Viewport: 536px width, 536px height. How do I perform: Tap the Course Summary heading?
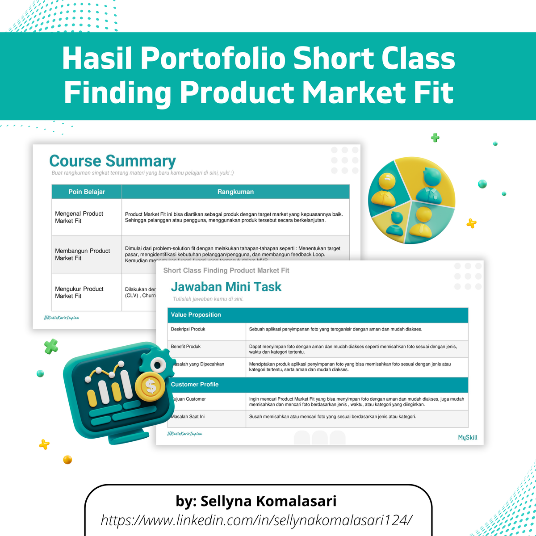[113, 161]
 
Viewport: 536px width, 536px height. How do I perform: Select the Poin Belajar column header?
[87, 192]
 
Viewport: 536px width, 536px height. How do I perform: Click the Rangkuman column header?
[235, 192]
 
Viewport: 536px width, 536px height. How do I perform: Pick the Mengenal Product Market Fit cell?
[79, 217]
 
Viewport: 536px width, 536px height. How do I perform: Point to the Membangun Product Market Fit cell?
[82, 254]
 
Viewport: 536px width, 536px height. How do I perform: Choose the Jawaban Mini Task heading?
[226, 287]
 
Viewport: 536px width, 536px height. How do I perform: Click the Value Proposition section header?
[196, 315]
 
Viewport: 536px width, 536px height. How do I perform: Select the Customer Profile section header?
[195, 385]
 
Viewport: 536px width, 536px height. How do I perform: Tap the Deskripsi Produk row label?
[188, 329]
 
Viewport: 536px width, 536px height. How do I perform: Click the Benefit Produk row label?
[186, 347]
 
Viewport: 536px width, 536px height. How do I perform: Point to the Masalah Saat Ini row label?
[188, 416]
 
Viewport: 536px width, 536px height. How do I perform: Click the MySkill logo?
[467, 438]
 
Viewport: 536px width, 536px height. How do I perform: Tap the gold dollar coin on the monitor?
[151, 386]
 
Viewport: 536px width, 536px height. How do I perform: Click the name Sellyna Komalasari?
[268, 501]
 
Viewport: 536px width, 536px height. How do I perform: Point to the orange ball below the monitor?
[67, 459]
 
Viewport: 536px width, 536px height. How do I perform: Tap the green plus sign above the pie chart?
[435, 138]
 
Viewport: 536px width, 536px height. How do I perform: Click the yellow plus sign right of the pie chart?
[471, 223]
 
